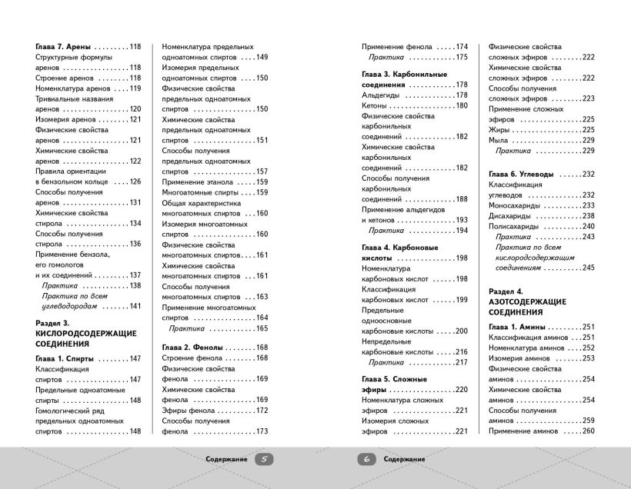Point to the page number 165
click(260, 328)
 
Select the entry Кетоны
click(374, 105)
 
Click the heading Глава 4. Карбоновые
click(400, 248)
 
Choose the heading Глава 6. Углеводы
click(522, 175)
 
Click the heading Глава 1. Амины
click(517, 327)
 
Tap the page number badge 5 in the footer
click(263, 459)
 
